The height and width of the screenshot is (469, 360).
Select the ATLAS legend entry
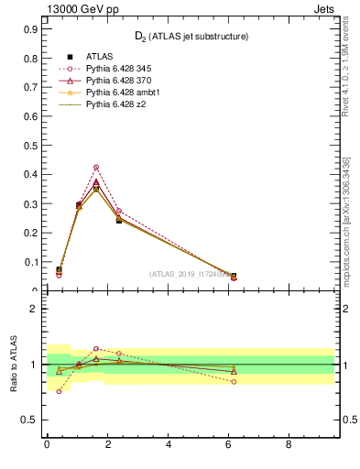coord(99,57)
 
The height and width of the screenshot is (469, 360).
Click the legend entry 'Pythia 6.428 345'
coord(117,69)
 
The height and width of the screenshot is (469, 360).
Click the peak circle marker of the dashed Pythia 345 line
coord(96,167)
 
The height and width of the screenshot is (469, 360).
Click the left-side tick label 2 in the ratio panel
coord(33,309)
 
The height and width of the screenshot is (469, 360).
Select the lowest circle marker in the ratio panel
coord(59,391)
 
